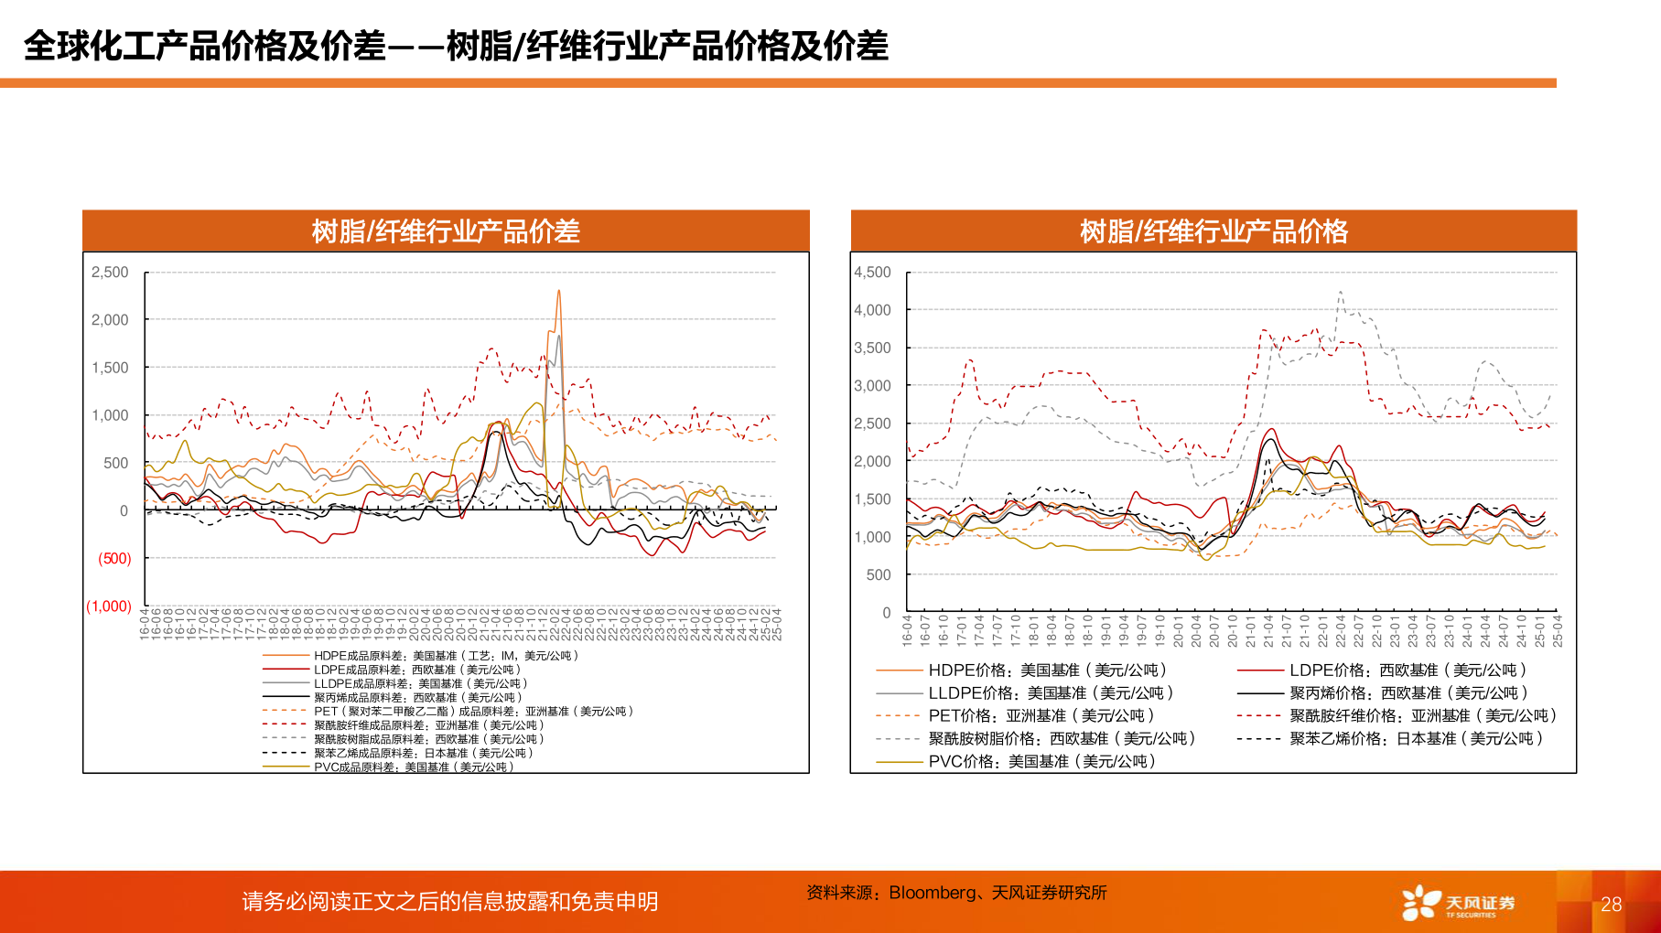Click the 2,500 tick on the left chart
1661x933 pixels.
110,273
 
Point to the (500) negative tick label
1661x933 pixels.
114,559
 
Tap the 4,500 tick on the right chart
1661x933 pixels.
872,273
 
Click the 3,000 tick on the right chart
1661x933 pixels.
872,386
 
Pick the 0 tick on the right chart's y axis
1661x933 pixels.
886,613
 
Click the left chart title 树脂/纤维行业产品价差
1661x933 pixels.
446,231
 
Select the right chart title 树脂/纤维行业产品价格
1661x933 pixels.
1213,231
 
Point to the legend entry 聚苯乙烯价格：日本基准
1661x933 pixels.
1415,738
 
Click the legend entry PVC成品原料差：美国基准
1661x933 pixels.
413,767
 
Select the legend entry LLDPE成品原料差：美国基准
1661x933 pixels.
420,683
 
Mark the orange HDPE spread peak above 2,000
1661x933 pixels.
558,292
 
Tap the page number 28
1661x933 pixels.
1611,905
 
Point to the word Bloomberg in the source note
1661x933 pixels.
932,893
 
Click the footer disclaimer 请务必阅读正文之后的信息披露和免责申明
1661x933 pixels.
449,902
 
